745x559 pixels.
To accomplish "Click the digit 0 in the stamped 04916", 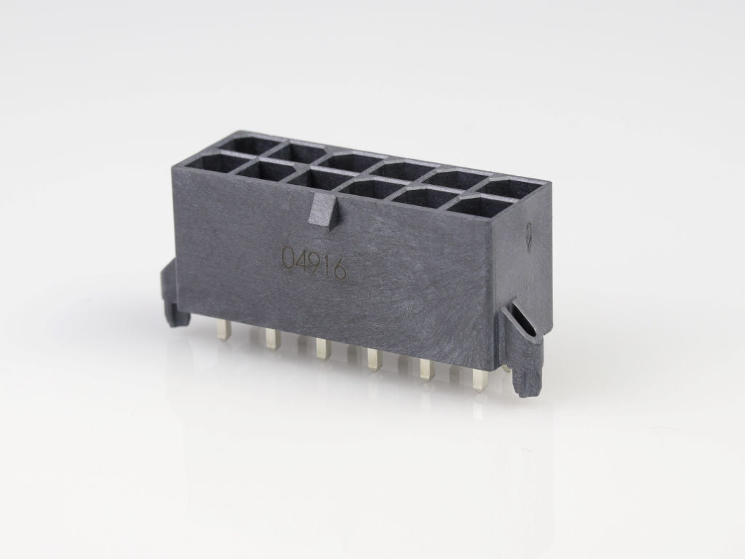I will pos(287,260).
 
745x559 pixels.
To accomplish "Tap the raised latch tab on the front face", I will pos(324,212).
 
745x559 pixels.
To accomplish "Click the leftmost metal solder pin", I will pos(223,332).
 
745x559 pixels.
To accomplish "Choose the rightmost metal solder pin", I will pos(478,379).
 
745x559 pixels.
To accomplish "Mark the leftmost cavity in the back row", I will pos(240,143).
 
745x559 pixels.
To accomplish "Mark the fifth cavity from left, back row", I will pos(460,179).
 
